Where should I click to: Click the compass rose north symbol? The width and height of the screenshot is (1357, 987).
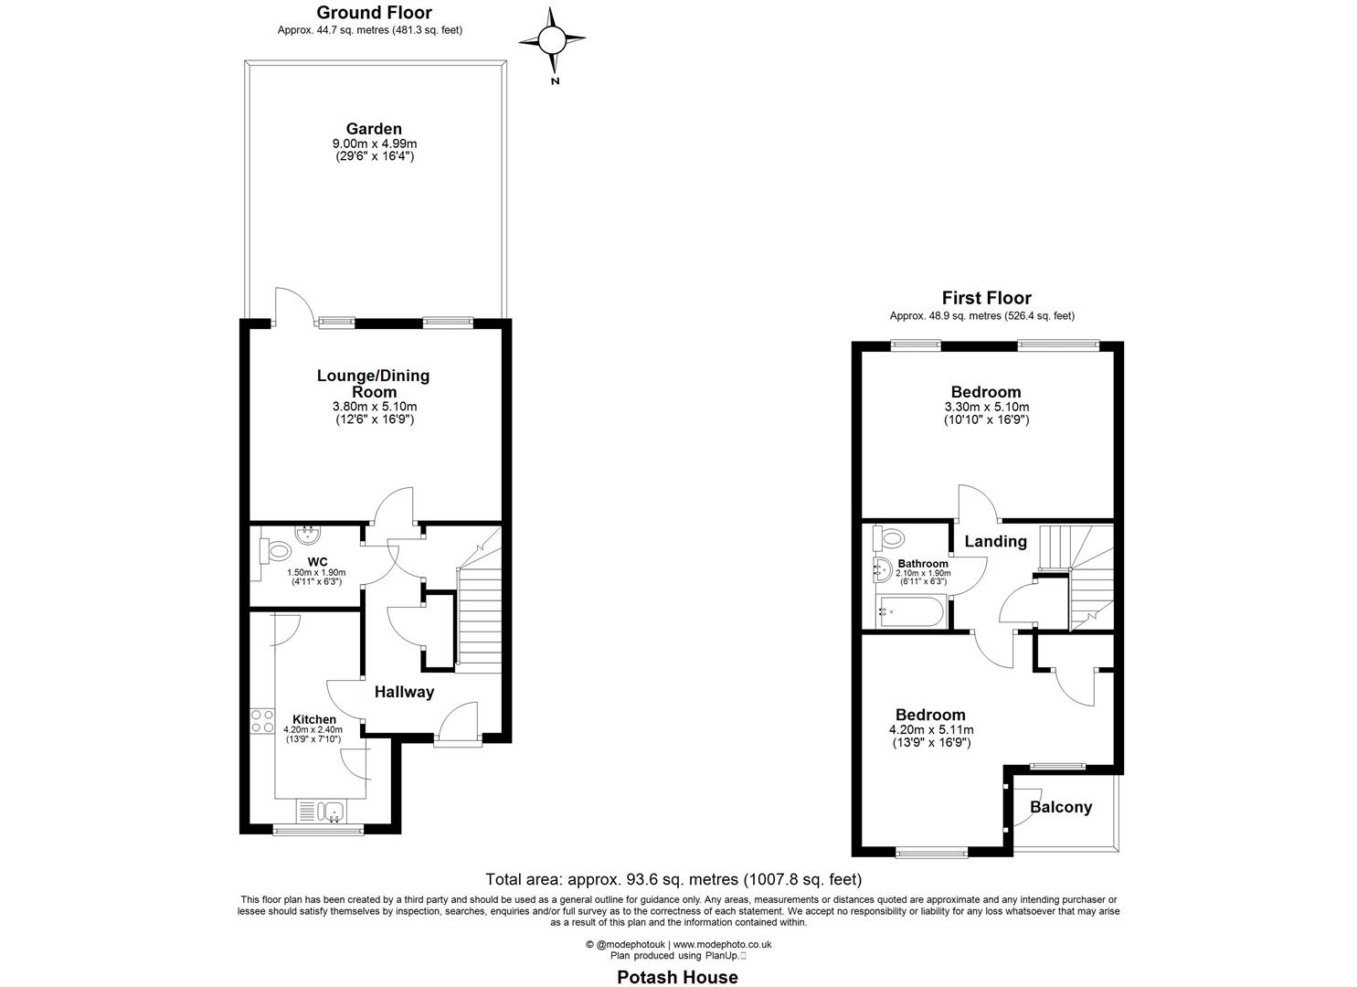(x=552, y=41)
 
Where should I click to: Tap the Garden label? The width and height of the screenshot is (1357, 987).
(x=373, y=129)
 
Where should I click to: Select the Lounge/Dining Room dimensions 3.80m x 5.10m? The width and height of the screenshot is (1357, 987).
(x=373, y=407)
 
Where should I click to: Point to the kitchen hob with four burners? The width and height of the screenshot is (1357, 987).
(x=262, y=720)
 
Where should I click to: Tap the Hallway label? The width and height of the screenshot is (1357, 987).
(x=404, y=692)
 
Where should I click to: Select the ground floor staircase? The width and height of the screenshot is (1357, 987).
(x=479, y=617)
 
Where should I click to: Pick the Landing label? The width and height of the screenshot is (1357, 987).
(x=995, y=541)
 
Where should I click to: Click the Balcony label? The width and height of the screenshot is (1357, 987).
(x=1061, y=807)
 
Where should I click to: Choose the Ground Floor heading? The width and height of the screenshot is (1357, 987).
(x=374, y=13)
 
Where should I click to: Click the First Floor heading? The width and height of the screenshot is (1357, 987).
(x=986, y=298)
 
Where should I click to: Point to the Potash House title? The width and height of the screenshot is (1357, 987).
(x=677, y=977)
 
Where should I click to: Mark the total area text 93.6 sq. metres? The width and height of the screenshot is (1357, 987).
(x=673, y=880)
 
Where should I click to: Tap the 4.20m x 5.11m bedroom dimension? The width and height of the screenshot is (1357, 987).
(x=930, y=730)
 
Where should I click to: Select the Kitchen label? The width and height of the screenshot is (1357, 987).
(x=313, y=719)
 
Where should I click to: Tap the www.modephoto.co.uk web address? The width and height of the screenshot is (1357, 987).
(x=722, y=944)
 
